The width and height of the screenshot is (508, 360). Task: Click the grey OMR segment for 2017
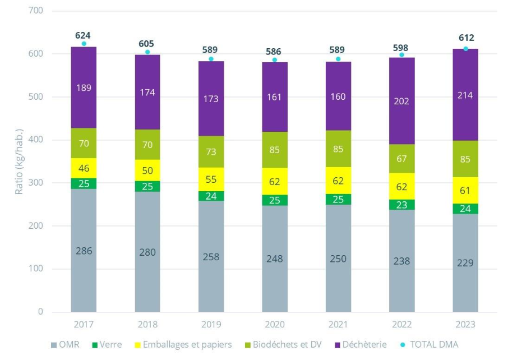coord(84,250)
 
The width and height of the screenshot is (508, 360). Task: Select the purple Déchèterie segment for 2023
coord(465,95)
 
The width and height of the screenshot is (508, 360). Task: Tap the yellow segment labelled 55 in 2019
coord(211,179)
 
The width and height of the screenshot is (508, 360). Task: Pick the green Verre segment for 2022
coord(401,205)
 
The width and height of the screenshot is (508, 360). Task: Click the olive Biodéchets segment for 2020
coord(274,150)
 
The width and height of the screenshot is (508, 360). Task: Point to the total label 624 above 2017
coord(84,35)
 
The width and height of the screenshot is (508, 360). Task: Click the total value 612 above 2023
coord(465,38)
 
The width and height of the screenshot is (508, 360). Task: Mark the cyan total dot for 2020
coord(275,59)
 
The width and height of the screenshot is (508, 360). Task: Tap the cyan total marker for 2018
coord(147,52)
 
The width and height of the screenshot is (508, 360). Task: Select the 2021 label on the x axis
coord(338,325)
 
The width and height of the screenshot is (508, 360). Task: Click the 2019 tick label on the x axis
coord(211,325)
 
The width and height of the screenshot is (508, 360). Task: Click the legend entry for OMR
coord(65,344)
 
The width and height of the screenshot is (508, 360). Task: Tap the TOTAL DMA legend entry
coord(429,344)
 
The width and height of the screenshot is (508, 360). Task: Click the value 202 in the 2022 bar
coord(401,101)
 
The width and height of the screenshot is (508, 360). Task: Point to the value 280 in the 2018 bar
coord(147,252)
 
